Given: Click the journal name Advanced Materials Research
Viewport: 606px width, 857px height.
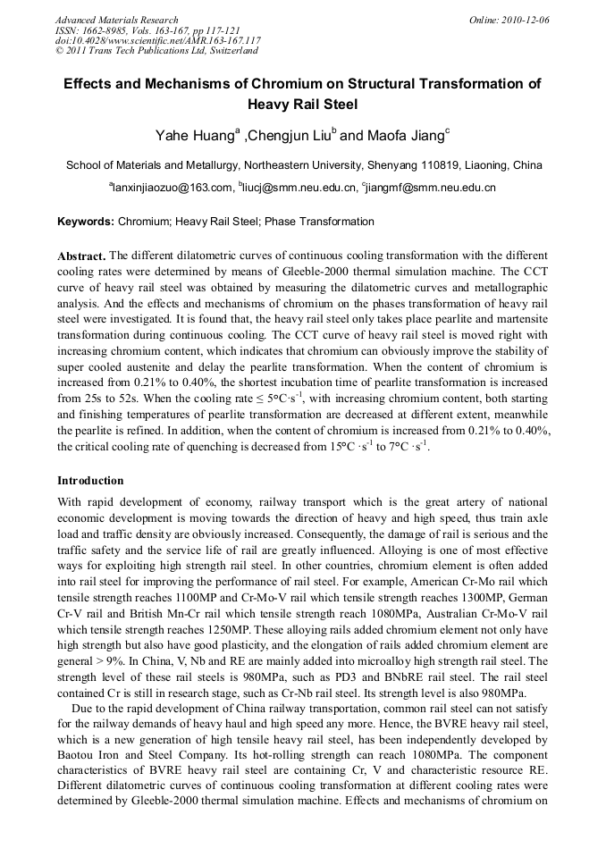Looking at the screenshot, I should (116, 20).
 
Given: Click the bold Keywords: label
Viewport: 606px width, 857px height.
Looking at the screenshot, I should (86, 222).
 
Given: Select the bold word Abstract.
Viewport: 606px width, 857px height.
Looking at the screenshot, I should (81, 255).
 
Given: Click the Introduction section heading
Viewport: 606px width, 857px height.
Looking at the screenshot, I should (90, 481).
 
